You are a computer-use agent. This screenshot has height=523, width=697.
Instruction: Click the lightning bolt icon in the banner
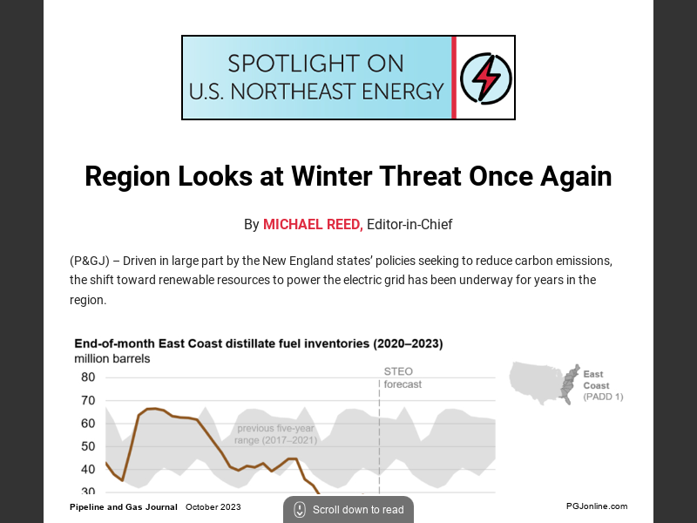tap(485, 78)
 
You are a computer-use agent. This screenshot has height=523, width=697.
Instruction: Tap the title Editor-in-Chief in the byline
tap(409, 225)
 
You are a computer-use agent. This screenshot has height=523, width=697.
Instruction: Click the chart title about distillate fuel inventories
tap(258, 343)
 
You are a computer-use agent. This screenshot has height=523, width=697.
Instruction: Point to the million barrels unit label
tap(112, 358)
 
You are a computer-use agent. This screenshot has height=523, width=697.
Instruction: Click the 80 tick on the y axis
tap(88, 377)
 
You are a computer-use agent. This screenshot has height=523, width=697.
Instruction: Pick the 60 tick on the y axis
tap(88, 424)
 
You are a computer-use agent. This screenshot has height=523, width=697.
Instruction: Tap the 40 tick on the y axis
tap(88, 469)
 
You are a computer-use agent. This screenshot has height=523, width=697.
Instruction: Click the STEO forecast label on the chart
tap(403, 377)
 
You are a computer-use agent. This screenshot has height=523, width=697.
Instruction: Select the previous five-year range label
tap(275, 434)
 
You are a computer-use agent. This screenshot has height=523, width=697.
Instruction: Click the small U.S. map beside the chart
tap(542, 382)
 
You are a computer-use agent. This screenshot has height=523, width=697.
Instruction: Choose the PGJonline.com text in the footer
tap(596, 506)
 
